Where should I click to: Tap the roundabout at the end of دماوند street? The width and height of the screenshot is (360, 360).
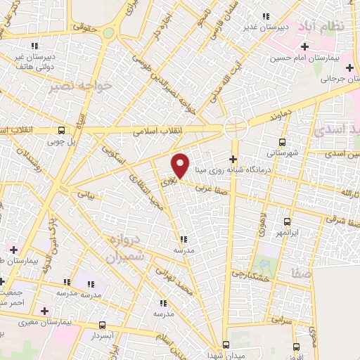[235, 127]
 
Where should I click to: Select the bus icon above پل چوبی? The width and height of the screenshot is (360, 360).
[62, 130]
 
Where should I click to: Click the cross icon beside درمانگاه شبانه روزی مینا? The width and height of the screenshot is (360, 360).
[233, 159]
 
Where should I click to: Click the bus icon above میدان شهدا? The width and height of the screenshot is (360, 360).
[226, 345]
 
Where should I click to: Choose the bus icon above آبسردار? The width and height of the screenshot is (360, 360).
[103, 325]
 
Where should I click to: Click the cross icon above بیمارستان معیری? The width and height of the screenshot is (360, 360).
[45, 310]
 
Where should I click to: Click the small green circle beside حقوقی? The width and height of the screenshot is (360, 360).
[108, 32]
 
